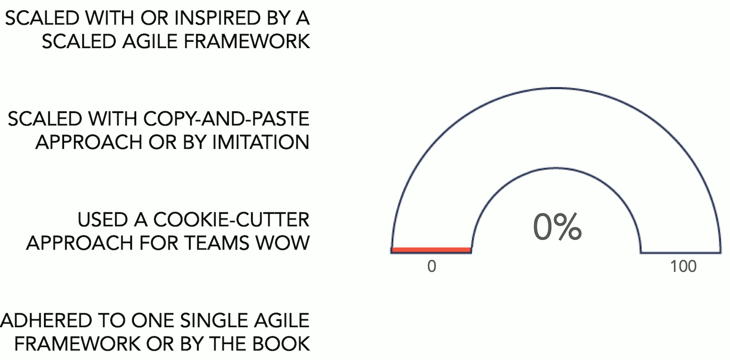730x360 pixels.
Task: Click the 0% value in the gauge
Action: pos(557,227)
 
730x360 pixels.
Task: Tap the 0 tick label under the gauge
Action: pos(431,266)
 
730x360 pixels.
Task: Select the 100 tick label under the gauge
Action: pos(683,266)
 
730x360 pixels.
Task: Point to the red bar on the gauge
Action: pos(431,250)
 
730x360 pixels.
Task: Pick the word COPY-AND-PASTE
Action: pos(226,118)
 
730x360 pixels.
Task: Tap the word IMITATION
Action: pos(261,142)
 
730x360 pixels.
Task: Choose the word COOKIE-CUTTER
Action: pos(231,220)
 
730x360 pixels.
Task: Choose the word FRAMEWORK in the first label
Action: pos(247,41)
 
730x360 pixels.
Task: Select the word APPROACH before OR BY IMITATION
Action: pos(89,142)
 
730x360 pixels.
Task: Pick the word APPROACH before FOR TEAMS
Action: pos(79,243)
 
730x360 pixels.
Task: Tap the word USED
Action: pos(102,220)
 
